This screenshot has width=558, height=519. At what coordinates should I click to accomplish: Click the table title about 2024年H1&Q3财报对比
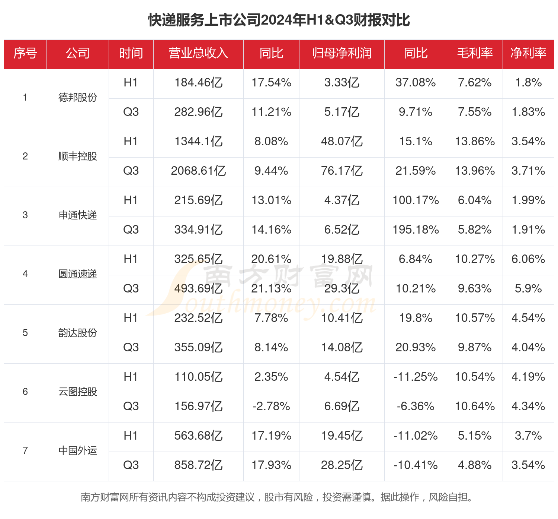[279, 20]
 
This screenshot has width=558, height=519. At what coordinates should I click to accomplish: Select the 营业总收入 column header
[198, 53]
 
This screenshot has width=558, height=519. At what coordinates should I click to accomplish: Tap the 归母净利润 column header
[341, 53]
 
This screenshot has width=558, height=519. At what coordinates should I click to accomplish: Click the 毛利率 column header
[475, 53]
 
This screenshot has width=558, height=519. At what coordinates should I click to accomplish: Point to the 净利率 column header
[528, 53]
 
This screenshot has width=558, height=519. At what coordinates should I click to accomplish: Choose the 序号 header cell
[25, 53]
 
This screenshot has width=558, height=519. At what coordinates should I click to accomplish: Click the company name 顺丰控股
[78, 156]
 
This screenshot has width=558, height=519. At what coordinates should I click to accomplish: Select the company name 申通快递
[78, 215]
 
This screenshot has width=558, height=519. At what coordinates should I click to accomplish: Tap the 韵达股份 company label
[78, 333]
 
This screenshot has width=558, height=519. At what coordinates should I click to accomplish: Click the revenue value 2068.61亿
[198, 171]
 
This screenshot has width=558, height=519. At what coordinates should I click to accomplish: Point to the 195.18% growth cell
[416, 230]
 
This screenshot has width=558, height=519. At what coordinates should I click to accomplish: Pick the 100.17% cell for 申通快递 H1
[416, 200]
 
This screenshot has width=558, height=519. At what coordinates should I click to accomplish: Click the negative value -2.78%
[271, 406]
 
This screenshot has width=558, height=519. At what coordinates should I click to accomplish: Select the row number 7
[25, 451]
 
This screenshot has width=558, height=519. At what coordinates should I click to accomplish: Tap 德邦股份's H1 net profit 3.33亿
[341, 83]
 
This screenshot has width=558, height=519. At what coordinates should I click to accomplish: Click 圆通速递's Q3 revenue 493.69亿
[198, 289]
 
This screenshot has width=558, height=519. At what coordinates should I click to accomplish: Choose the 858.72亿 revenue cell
[198, 465]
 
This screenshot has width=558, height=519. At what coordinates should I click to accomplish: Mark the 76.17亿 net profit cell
[341, 171]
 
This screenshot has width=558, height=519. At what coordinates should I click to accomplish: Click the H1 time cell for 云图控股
[131, 377]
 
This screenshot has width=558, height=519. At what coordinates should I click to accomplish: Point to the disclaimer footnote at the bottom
[277, 497]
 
